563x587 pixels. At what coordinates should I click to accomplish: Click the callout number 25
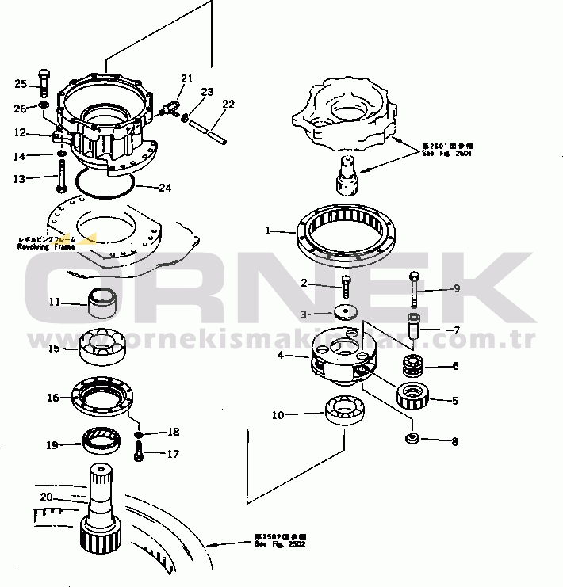pos(21,83)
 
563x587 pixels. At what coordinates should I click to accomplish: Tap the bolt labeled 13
pos(60,177)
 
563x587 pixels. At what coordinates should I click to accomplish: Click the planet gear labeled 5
pos(412,392)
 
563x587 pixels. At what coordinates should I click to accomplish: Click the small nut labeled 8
pos(412,438)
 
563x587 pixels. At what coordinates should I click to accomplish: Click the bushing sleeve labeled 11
pos(101,302)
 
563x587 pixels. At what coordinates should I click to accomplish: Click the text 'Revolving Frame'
pos(46,246)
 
